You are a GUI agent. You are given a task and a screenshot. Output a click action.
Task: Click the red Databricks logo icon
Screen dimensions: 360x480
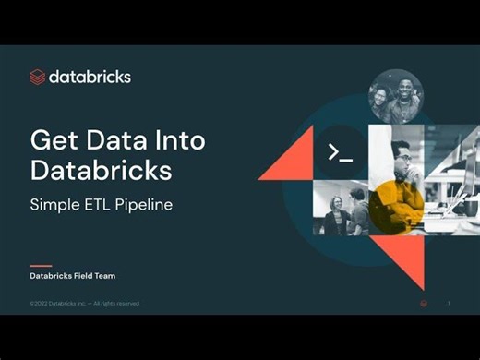(39, 77)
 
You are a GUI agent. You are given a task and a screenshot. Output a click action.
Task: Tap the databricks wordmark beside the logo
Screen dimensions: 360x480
(90, 76)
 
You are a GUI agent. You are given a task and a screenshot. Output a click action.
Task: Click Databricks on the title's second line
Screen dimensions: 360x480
(102, 171)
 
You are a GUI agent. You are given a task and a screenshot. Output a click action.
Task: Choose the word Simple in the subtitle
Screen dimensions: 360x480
(58, 203)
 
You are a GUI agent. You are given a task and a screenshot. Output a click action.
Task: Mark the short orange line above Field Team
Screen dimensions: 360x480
(41, 266)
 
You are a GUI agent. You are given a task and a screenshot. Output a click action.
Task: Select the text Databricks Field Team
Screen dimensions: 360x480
(73, 276)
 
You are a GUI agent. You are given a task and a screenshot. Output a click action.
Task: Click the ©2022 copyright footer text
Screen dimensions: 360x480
(85, 303)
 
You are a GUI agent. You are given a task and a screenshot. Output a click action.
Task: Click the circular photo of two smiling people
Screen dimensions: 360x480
(395, 96)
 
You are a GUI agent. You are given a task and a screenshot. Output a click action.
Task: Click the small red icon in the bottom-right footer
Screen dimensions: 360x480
(423, 303)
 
